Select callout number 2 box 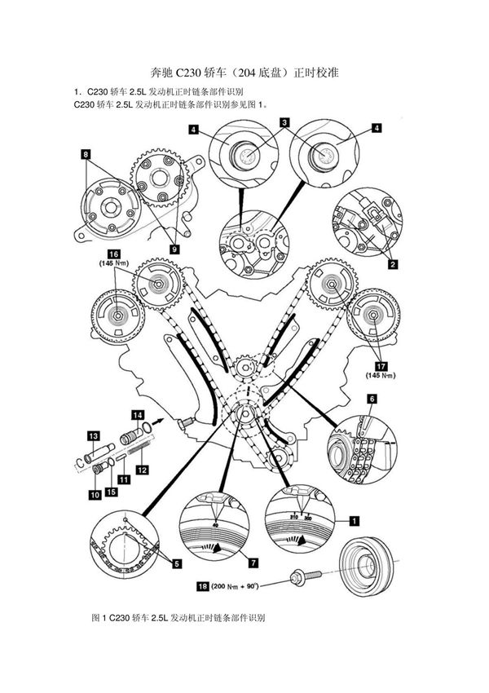pos(392,264)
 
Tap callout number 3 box pos(284,122)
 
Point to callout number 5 pos(177,562)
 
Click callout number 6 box pos(372,399)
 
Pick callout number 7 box pos(254,562)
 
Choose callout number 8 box pos(86,152)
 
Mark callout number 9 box pos(174,248)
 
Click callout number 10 pos(95,494)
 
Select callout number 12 pos(141,470)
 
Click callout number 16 pos(113,254)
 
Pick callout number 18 pos(203,585)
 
